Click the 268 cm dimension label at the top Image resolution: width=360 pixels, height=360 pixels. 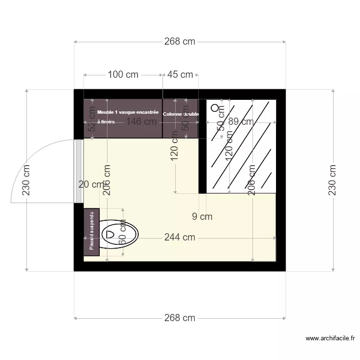click(180, 41)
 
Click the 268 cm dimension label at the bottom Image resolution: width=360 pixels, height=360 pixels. click(180, 318)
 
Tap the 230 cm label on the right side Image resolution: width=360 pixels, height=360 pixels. click(332, 180)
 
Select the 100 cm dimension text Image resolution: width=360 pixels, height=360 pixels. click(123, 74)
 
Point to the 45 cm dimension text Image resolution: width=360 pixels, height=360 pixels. click(180, 74)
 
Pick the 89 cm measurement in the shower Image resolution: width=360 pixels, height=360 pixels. click(241, 121)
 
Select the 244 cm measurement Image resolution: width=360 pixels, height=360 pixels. click(180, 237)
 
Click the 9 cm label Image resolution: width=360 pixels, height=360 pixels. click(202, 216)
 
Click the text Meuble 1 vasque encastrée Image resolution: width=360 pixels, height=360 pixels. click(128, 112)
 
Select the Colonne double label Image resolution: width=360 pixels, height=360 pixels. click(180, 114)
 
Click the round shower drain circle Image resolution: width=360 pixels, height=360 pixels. click(215, 108)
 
